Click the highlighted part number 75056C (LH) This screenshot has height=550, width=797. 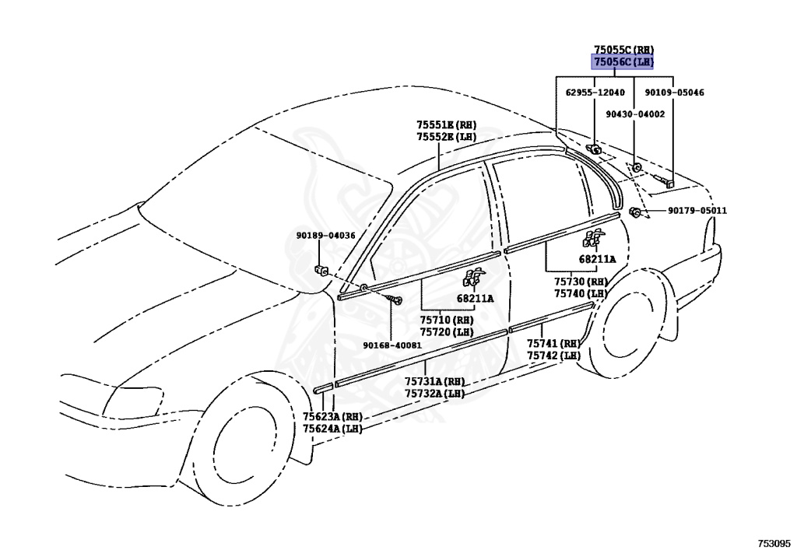tap(623, 61)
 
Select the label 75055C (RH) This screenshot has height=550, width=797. tap(623, 49)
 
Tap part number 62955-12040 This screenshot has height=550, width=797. tap(595, 93)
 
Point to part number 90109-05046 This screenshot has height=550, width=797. tap(674, 93)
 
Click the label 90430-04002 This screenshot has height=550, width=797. tap(635, 114)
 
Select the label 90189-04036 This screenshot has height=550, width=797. tap(325, 236)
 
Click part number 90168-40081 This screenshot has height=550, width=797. tap(391, 345)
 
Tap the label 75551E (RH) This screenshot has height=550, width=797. tap(445, 124)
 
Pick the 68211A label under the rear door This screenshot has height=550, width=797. tap(597, 259)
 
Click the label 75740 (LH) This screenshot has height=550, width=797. tap(580, 293)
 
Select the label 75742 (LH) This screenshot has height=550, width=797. tap(553, 356)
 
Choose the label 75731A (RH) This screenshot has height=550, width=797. tap(434, 381)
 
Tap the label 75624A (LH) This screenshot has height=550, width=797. tap(332, 429)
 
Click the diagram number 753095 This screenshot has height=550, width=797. tap(774, 541)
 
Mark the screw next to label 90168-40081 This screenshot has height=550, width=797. tap(398, 301)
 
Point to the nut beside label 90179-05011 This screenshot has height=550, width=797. tap(636, 212)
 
